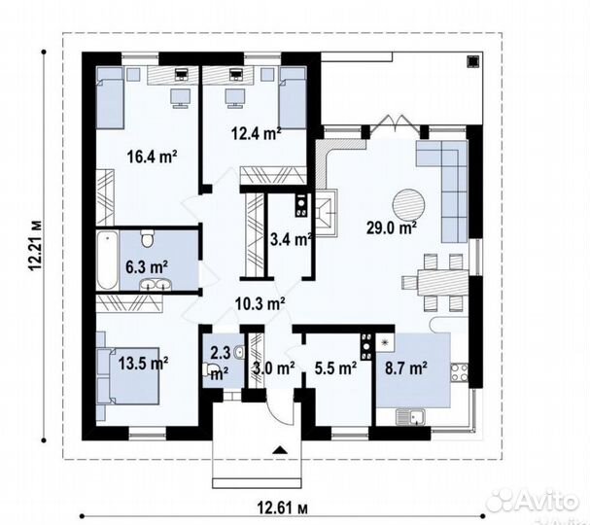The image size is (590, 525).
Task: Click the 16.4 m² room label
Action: (152, 157)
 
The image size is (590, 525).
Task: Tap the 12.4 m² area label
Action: (256, 133)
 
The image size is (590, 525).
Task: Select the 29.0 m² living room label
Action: (392, 227)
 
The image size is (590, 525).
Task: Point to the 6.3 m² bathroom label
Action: (147, 267)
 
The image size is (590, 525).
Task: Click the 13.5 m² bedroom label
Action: (143, 364)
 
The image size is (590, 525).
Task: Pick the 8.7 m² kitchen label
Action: (406, 367)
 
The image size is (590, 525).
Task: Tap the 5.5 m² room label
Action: (335, 368)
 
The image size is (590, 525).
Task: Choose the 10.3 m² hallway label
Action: (260, 303)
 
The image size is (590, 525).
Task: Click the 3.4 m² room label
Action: (291, 239)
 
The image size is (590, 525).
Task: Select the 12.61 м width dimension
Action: (283, 508)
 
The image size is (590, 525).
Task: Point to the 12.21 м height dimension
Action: (36, 245)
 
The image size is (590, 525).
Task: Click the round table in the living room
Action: (408, 205)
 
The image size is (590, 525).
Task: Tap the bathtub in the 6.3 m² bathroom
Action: (107, 261)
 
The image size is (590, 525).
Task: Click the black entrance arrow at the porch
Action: (279, 450)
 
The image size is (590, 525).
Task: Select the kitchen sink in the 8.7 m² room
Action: (410, 417)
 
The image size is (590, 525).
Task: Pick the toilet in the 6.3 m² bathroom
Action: (147, 238)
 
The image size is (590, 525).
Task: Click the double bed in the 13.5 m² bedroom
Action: (128, 375)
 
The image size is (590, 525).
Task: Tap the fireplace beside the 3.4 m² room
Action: (326, 213)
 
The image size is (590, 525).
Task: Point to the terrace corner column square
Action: (473, 61)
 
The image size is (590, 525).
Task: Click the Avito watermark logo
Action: (532, 501)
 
